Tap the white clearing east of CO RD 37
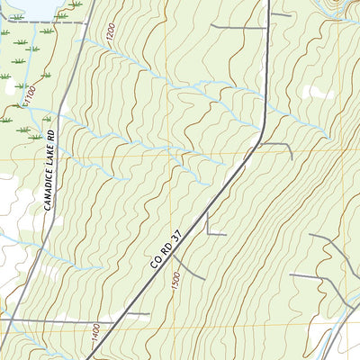click(317, 91)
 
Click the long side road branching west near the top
click(238, 26)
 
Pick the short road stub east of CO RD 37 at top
click(281, 13)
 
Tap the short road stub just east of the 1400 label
click(135, 315)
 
